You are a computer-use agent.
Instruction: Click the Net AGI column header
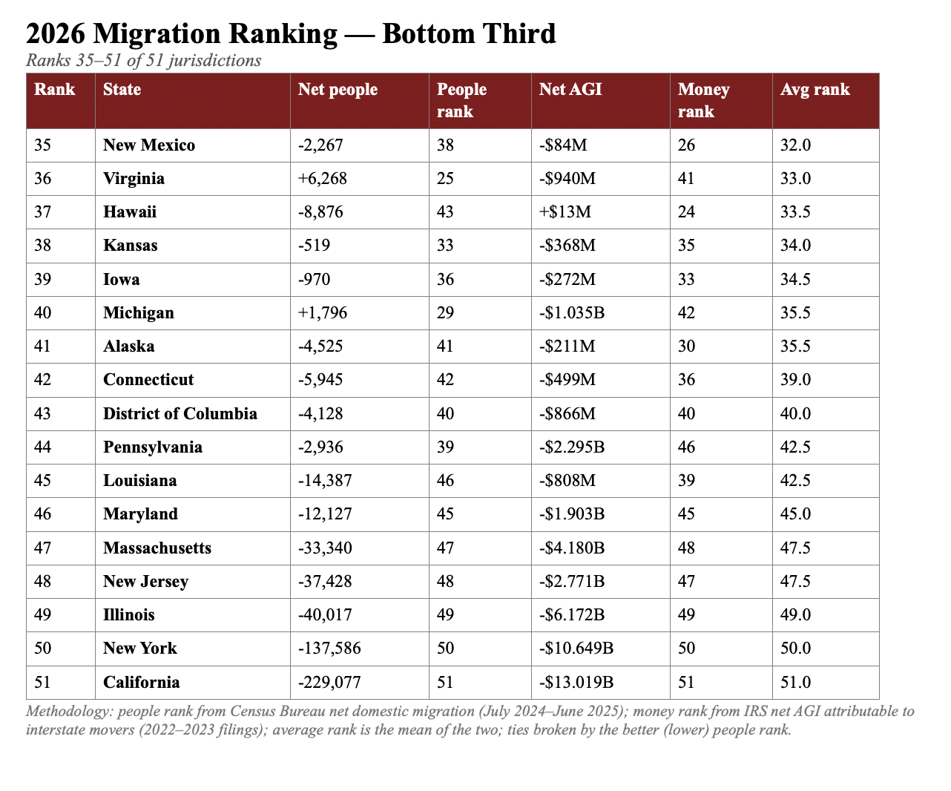tap(570, 89)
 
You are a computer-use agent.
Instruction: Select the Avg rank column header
tap(815, 89)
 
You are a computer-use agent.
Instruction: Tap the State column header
tap(122, 89)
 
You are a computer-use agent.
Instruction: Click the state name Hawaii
tap(130, 212)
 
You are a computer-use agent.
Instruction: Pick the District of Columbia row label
tap(180, 414)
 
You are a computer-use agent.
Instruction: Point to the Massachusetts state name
tap(157, 548)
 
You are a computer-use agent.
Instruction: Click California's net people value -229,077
tap(329, 682)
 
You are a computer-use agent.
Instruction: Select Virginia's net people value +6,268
tap(323, 178)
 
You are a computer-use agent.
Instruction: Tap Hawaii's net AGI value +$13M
tap(565, 212)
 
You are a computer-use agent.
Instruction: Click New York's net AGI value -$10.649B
tap(576, 649)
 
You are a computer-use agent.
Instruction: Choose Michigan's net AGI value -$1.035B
tap(572, 312)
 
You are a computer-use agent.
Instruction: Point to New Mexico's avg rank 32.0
tap(796, 145)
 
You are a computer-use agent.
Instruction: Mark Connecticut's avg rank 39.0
tap(796, 380)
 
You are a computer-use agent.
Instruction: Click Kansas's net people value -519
tap(314, 245)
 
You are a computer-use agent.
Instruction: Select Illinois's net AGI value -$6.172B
tap(572, 614)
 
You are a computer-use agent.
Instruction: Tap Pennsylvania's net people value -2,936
tap(320, 447)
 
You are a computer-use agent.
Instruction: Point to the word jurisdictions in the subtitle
tap(214, 61)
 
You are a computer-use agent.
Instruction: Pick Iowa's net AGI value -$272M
tap(567, 279)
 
